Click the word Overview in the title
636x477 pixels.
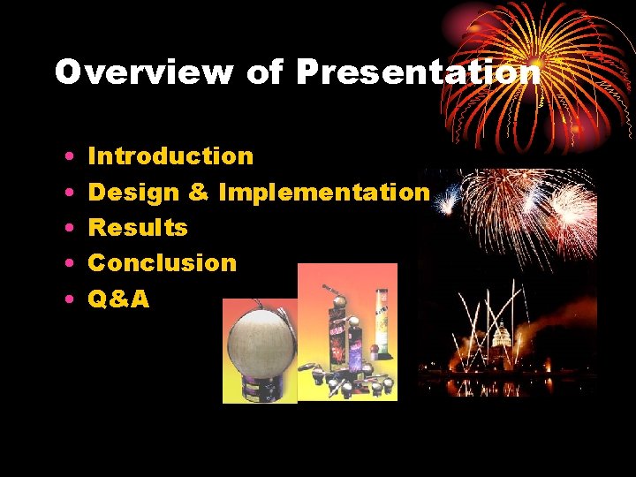(x=144, y=72)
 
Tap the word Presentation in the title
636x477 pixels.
(x=418, y=72)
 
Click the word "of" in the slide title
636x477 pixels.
(x=266, y=72)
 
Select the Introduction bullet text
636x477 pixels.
(x=170, y=156)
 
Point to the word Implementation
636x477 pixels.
(x=323, y=192)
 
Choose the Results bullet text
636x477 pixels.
(x=138, y=227)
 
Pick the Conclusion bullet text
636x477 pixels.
(x=163, y=262)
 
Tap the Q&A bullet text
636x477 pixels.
(x=118, y=299)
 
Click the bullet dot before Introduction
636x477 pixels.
(x=69, y=157)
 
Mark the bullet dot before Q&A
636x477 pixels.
(x=69, y=299)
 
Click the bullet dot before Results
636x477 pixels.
(x=69, y=228)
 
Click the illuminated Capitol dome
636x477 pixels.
(x=503, y=339)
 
